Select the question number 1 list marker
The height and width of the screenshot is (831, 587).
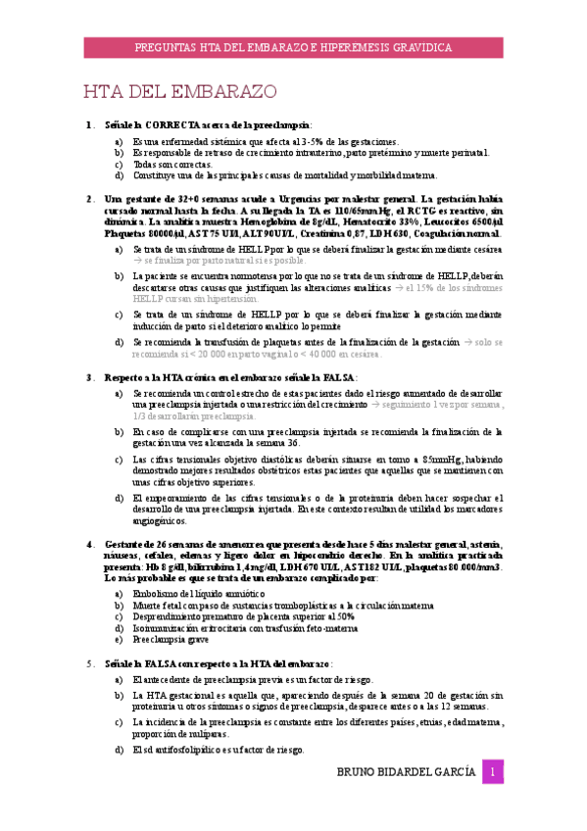coord(90,124)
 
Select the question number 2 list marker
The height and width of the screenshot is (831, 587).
coord(90,199)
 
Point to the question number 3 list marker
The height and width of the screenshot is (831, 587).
coord(90,376)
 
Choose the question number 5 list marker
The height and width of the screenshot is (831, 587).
coord(90,662)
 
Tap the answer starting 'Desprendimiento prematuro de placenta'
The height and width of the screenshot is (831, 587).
coord(244,616)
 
